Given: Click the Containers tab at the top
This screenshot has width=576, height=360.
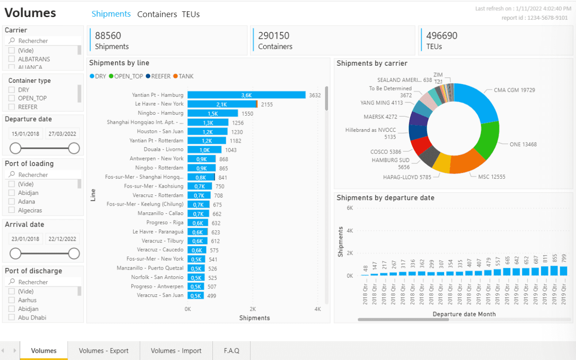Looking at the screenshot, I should coord(157,14).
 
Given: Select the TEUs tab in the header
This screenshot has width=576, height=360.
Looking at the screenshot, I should coord(191,14).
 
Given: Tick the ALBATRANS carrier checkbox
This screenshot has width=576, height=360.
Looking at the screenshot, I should coord(12,59).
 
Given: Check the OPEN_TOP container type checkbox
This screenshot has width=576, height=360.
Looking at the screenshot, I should coord(12,98).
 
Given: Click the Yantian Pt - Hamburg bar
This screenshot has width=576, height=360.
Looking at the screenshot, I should coord(246,95).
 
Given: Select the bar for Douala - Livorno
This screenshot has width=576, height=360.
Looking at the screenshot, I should coord(204,150).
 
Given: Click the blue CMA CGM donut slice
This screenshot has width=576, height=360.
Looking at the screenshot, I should coord(477,103).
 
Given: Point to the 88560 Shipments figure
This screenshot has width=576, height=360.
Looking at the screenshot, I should coord(108,36).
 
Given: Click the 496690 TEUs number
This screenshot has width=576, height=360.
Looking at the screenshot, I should coord(442,36).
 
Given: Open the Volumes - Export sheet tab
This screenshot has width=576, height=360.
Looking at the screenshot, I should coord(103,351).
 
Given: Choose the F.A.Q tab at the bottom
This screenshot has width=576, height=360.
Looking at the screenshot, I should coord(232,351).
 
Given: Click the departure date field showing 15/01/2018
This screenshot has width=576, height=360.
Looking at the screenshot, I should coord(25,134).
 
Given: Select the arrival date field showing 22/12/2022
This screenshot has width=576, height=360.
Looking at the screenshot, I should coord(62,239).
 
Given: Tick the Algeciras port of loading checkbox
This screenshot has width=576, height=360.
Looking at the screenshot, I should coord(12,210).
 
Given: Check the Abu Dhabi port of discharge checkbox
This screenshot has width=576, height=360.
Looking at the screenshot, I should coord(12,318).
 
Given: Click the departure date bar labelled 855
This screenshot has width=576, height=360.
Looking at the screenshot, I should coord(554,270).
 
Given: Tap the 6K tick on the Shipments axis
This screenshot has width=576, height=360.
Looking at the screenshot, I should coord(350,208).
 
